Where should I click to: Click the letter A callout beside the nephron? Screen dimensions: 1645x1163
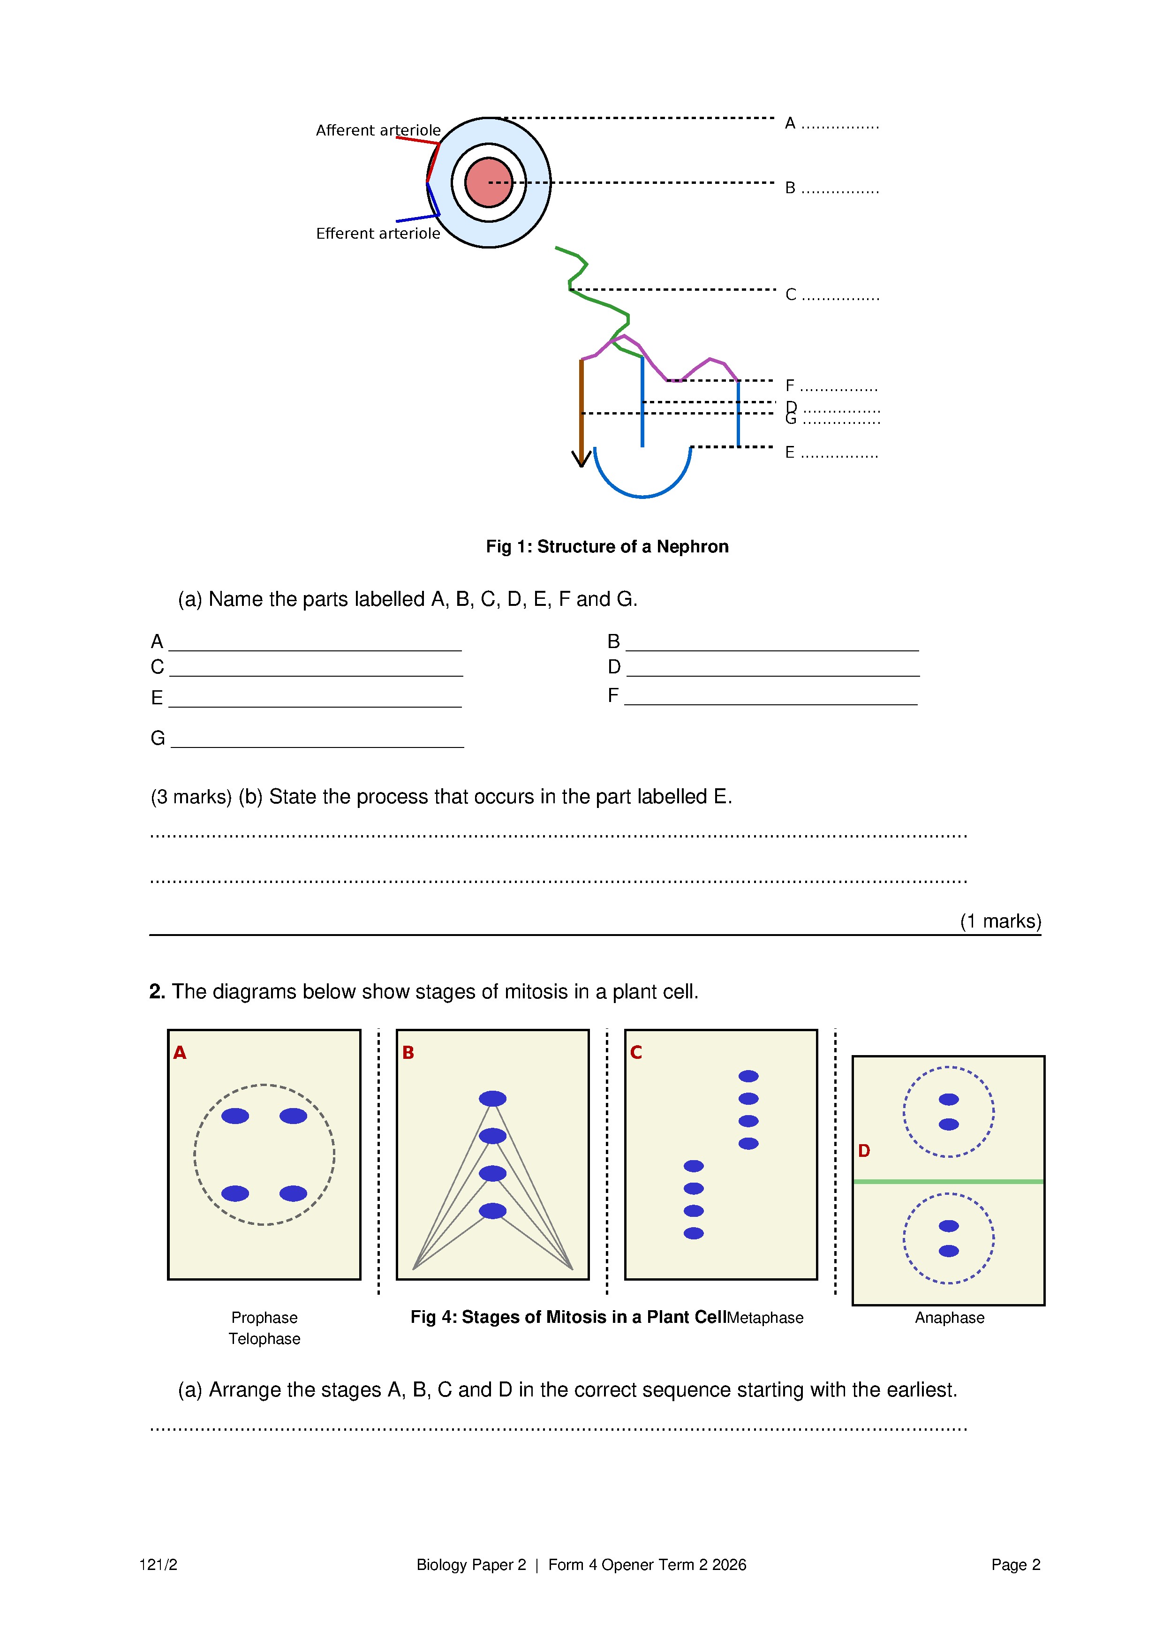click(x=790, y=123)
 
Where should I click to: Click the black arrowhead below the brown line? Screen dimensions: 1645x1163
click(x=581, y=459)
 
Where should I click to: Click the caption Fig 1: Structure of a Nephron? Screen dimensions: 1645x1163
click(x=606, y=547)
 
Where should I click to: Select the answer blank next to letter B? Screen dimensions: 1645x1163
click(x=772, y=643)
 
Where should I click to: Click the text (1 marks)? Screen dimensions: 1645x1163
click(x=1000, y=921)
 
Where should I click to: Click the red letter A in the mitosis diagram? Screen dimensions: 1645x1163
click(x=180, y=1052)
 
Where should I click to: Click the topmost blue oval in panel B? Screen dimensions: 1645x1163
click(x=492, y=1098)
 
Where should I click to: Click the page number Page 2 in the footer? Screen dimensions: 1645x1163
click(x=1015, y=1565)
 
